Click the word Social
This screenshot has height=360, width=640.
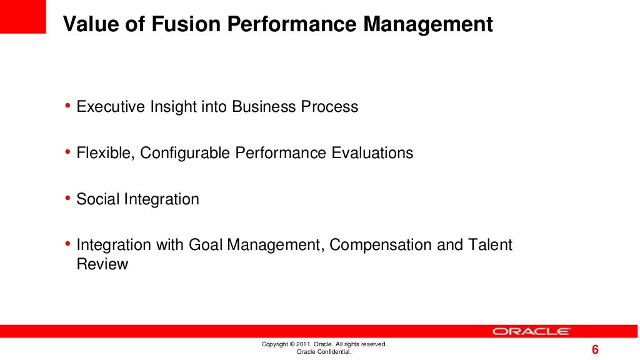tap(97, 199)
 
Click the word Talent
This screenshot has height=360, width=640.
tap(490, 245)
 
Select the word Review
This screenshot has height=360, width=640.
tap(102, 264)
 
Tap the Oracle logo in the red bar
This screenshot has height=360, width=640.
tap(531, 331)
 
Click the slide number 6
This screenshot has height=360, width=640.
tap(595, 349)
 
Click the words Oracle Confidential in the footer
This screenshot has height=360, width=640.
tap(324, 352)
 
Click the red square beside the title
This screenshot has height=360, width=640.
tap(23, 16)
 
